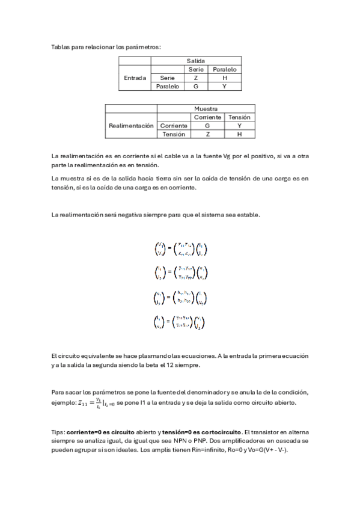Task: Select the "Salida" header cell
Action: coord(196,61)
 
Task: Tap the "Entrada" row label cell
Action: coord(135,78)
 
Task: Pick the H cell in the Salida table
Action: coord(225,78)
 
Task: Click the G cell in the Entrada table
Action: coord(196,87)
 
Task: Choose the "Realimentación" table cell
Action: coord(131,126)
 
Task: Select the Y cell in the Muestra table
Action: coord(239,126)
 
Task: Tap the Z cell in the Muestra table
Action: coord(207,134)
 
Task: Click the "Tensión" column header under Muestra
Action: coord(239,117)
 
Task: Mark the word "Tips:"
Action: coord(58,432)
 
